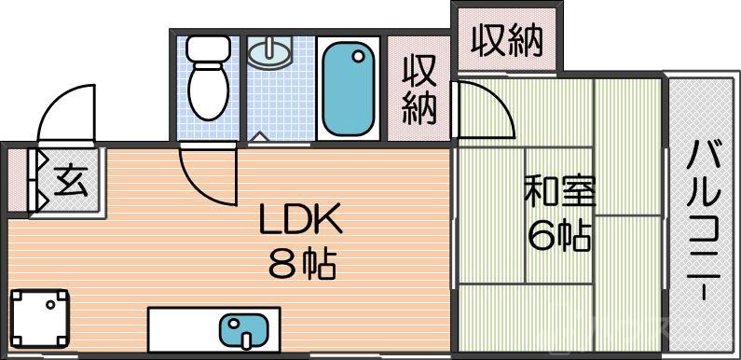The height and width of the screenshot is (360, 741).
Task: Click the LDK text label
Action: tap(300, 222)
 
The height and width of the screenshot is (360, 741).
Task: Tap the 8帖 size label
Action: tap(301, 265)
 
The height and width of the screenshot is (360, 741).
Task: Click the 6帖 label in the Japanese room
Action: tap(558, 237)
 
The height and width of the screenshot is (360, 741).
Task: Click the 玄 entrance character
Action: tap(70, 179)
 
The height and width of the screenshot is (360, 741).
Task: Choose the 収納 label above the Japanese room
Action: tap(506, 40)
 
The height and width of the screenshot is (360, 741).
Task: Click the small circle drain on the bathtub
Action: tap(358, 57)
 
